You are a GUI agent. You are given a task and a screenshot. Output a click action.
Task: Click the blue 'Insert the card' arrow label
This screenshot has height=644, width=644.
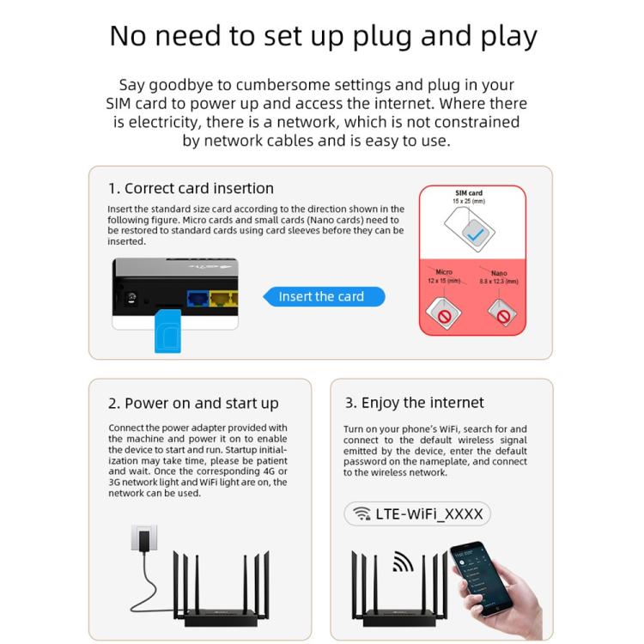coord(322,297)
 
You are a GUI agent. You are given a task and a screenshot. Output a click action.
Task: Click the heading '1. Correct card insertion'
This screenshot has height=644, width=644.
coord(191,188)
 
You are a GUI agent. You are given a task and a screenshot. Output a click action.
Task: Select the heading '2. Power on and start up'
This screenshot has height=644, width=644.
coord(193,403)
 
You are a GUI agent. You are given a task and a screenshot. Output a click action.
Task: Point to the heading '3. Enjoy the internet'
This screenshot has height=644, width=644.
coord(415,402)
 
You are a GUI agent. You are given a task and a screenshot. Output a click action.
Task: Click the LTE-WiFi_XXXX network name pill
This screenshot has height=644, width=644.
coord(417,514)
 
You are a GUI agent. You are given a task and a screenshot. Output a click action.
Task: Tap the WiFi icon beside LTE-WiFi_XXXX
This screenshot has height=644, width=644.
coord(361,514)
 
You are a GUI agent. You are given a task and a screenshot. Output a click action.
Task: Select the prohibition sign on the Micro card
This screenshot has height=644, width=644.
coord(444,316)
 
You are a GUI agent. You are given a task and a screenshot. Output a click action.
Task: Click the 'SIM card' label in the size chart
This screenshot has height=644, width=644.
coord(469,193)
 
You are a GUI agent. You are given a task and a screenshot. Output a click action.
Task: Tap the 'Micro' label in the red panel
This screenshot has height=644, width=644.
coord(444,272)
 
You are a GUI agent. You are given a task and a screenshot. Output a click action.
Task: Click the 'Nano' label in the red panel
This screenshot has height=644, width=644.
coord(499,272)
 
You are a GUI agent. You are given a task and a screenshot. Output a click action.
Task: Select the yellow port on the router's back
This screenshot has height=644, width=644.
coord(224,300)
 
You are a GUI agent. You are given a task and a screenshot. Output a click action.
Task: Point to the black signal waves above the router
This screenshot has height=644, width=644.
coord(404,562)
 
